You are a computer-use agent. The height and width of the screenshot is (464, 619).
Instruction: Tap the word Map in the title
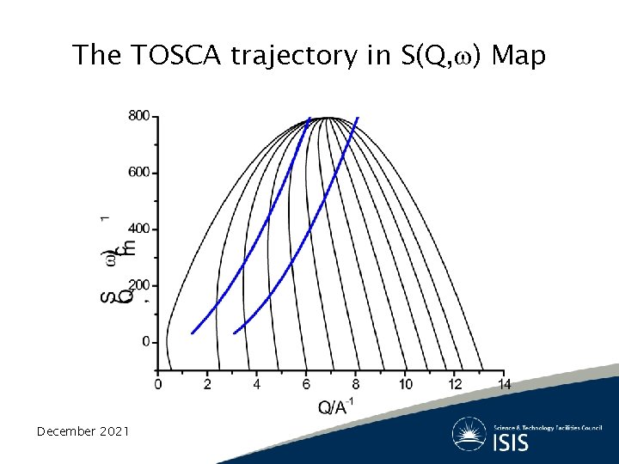pyautogui.click(x=518, y=56)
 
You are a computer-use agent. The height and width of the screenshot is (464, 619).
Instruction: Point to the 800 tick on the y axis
pyautogui.click(x=139, y=115)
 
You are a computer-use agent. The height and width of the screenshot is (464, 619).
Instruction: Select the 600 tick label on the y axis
pyautogui.click(x=139, y=172)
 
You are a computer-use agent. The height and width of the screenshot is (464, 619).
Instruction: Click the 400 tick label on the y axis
pyautogui.click(x=139, y=229)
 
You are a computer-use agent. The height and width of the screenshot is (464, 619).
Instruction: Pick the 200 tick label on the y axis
pyautogui.click(x=139, y=285)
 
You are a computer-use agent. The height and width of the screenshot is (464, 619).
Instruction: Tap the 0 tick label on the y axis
pyautogui.click(x=146, y=342)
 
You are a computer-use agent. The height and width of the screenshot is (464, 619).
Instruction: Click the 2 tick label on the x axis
pyautogui.click(x=207, y=384)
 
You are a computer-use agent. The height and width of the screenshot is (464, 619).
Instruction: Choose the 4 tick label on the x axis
pyautogui.click(x=257, y=384)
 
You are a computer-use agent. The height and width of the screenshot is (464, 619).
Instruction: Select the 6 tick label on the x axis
pyautogui.click(x=306, y=384)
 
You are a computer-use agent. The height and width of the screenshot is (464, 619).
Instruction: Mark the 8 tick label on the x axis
pyautogui.click(x=356, y=384)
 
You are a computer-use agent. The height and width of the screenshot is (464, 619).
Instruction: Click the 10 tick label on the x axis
pyautogui.click(x=406, y=384)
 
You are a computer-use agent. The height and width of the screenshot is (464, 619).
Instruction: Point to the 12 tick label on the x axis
pyautogui.click(x=455, y=384)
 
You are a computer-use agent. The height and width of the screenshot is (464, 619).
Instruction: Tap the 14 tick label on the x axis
pyautogui.click(x=505, y=384)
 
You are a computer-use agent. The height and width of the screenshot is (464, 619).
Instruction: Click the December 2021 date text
pyautogui.click(x=83, y=431)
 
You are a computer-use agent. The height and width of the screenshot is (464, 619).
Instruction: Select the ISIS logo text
pyautogui.click(x=511, y=443)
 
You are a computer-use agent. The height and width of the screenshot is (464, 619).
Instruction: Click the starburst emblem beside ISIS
pyautogui.click(x=470, y=434)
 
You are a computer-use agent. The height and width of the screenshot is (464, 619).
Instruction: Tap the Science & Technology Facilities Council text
pyautogui.click(x=548, y=427)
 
